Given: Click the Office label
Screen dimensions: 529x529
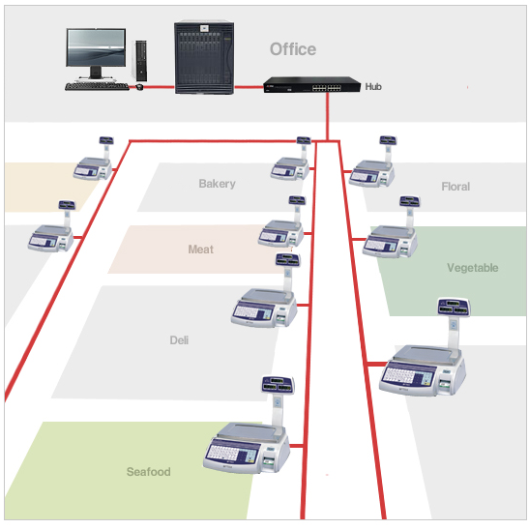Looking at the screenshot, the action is point(293,49).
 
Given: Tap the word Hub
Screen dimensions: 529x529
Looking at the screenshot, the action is point(373,87).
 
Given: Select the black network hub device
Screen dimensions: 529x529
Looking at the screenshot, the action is point(311,85).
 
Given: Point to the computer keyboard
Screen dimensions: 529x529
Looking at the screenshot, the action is point(97,86).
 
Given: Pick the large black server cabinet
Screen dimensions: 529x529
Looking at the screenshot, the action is point(204,58).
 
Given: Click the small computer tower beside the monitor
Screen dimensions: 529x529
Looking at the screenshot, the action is point(141,61).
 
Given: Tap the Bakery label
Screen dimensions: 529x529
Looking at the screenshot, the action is point(217,184).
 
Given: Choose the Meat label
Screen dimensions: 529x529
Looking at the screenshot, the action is point(201,250).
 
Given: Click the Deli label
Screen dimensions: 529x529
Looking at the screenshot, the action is point(179,340).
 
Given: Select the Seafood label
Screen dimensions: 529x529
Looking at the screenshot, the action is point(148,472).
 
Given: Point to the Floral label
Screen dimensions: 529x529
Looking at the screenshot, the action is point(456,187).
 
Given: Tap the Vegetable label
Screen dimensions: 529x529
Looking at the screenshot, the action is point(472,268).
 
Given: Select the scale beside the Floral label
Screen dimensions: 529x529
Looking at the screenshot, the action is point(372,162).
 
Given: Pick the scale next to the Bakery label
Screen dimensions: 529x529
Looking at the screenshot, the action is point(291,159).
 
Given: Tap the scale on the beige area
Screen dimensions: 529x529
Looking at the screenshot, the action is point(93,159).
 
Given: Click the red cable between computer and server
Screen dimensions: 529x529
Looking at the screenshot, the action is point(159,87).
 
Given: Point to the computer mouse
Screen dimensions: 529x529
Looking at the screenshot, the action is point(139,87).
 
